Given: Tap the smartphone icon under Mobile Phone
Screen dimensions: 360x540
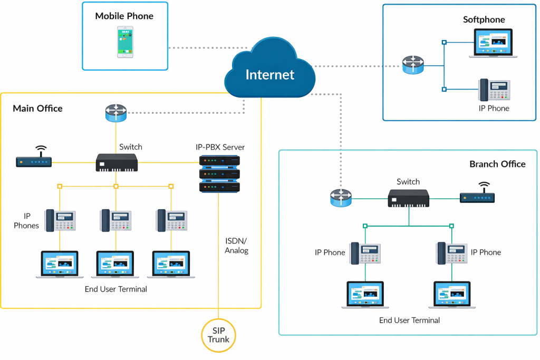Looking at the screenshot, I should click(125, 42).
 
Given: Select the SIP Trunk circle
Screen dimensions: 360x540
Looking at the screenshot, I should click(218, 335).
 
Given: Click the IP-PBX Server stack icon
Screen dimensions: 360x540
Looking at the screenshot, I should click(219, 173).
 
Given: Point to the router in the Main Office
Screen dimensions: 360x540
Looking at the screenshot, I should click(115, 113).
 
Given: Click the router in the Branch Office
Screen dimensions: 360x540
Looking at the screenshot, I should click(340, 198).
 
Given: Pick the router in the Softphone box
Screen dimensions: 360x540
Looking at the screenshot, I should click(412, 66).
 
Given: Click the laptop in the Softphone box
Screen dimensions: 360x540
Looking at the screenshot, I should click(495, 43).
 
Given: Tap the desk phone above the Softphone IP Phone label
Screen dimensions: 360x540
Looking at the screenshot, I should click(494, 90).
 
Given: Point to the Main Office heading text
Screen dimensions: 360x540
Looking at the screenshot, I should click(37, 109).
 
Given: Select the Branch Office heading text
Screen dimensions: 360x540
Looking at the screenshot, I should click(497, 164).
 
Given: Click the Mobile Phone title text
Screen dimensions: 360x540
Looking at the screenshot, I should click(125, 16).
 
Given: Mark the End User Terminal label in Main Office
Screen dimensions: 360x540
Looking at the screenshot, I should click(116, 289).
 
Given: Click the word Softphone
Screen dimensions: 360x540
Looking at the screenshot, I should click(484, 20).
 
